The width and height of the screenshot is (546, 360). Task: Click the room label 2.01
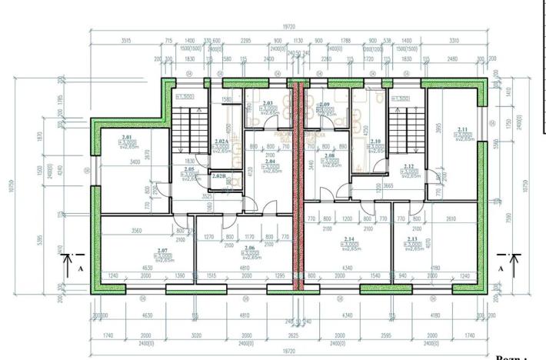coord(127,137)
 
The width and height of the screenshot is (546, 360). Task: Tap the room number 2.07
coord(161,251)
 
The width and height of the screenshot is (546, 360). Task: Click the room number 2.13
coord(412,240)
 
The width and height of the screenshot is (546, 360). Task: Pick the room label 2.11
coord(462,129)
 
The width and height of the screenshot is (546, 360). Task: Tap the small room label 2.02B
coord(218,177)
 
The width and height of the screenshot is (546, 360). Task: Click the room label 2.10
coord(375,142)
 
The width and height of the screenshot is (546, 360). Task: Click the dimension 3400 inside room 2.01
coord(135,162)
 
